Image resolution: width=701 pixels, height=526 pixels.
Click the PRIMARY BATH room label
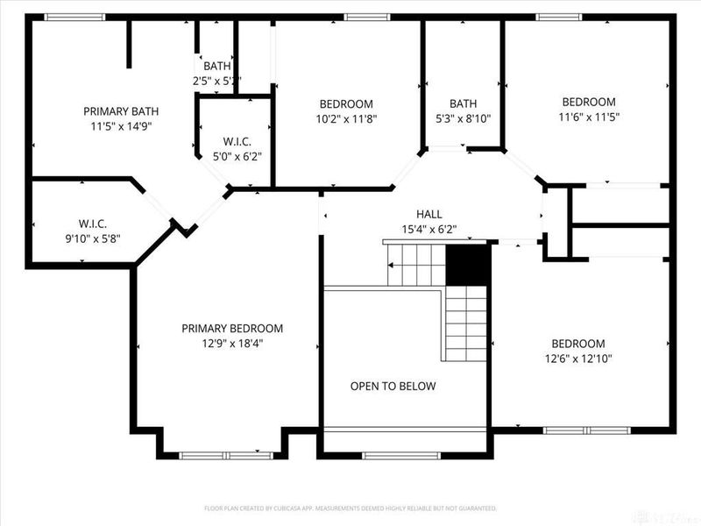click(121, 111)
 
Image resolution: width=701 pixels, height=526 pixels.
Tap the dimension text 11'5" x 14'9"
click(121, 126)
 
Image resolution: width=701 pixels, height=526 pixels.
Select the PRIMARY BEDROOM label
click(232, 329)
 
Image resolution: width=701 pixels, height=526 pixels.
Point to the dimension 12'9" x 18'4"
click(232, 344)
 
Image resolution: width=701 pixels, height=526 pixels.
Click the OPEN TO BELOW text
click(393, 386)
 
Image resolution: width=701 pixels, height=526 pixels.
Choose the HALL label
click(429, 214)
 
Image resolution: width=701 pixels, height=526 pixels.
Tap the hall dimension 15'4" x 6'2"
click(429, 230)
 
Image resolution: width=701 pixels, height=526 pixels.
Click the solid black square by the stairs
click(467, 265)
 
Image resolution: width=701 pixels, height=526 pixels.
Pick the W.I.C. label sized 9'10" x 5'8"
click(92, 224)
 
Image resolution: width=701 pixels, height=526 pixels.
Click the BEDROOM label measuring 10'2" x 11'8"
click(346, 103)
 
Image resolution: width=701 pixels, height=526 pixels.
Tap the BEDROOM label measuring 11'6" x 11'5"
click(588, 102)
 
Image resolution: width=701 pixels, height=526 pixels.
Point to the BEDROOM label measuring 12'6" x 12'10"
click(577, 344)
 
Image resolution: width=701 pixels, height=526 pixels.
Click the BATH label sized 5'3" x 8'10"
click(464, 103)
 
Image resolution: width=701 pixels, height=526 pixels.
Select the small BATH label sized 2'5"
click(216, 66)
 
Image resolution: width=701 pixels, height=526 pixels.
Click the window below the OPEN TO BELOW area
click(389, 455)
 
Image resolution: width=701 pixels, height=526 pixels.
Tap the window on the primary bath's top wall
click(74, 17)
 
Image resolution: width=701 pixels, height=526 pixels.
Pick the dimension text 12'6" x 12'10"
click(577, 359)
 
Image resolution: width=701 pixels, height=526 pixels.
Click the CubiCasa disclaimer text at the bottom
click(350, 508)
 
